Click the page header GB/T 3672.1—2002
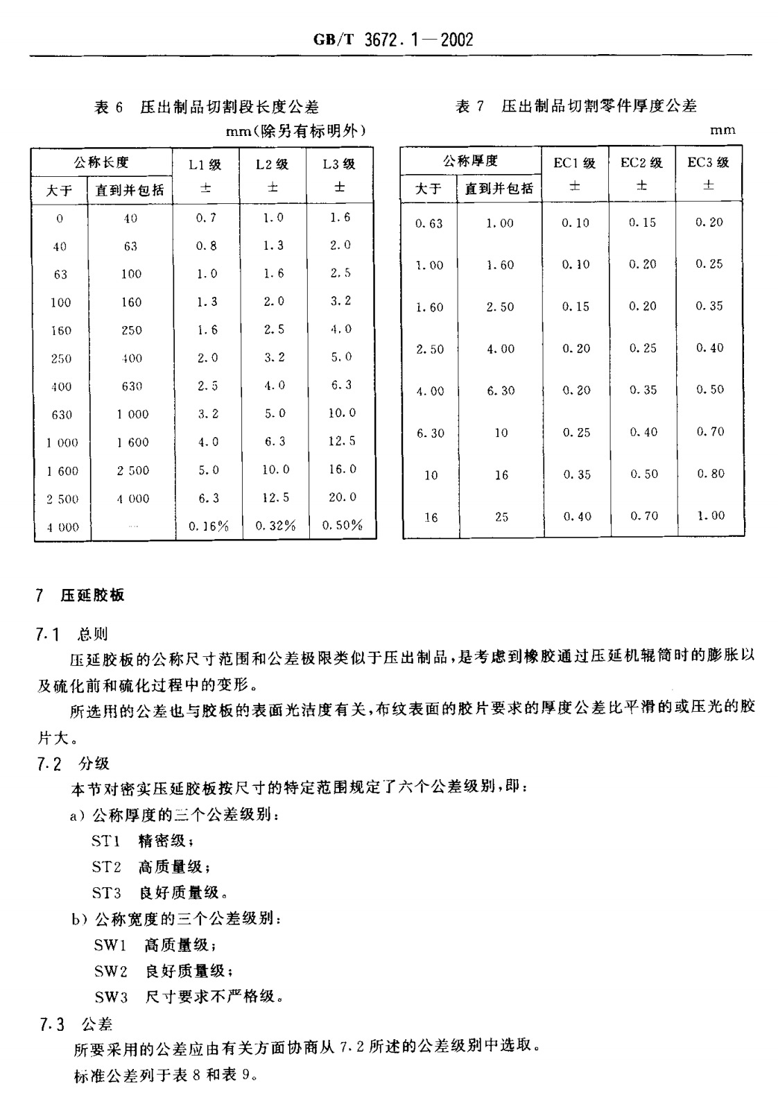click(393, 40)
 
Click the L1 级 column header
click(205, 165)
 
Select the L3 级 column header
click(339, 164)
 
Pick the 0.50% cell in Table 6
click(342, 525)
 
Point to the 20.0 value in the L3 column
click(342, 497)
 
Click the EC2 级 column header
click(641, 163)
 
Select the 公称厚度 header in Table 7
click(471, 162)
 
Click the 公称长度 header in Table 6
click(101, 162)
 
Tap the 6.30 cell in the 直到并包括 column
click(500, 391)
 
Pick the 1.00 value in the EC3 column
click(710, 515)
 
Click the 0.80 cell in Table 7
click(710, 473)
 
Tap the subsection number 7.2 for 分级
click(50, 764)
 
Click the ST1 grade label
click(106, 841)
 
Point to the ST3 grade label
click(106, 893)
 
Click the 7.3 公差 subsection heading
click(76, 1025)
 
